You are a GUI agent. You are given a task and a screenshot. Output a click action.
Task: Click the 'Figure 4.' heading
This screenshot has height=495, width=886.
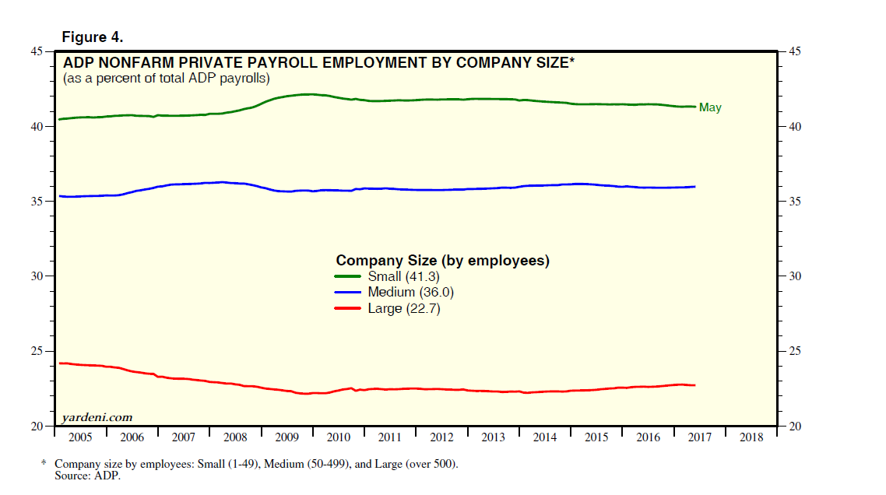point(93,37)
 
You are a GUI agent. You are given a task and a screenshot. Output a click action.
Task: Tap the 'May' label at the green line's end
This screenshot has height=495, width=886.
point(710,107)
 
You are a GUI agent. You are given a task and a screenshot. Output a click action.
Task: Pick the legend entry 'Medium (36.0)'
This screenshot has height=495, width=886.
point(410,293)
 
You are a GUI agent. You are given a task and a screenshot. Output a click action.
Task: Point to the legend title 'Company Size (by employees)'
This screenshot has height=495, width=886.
point(442,261)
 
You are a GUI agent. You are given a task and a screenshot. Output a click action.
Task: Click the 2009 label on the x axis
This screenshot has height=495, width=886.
point(287,438)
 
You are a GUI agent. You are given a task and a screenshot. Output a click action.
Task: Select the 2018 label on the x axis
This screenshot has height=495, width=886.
point(751,438)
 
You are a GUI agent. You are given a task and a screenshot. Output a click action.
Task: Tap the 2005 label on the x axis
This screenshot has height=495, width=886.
point(80,438)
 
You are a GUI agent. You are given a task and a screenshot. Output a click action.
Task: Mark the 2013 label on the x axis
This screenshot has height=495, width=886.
point(493,438)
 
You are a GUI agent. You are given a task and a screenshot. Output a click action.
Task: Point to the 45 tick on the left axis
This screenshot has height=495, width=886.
point(37,51)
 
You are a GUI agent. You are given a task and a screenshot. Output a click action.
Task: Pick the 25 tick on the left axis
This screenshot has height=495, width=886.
point(37,351)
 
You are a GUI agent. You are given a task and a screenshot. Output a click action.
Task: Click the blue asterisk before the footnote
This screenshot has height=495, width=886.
point(44,463)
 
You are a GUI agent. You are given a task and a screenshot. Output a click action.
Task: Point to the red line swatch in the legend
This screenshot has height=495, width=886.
point(348,309)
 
